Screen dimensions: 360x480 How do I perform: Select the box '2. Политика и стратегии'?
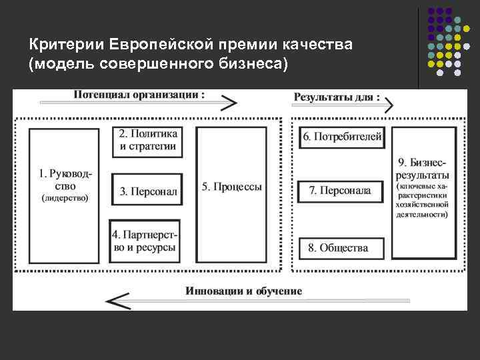click(x=147, y=141)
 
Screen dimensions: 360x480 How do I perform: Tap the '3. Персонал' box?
click(x=147, y=192)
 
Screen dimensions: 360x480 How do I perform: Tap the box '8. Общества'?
click(x=341, y=248)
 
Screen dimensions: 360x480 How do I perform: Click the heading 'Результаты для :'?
click(x=337, y=97)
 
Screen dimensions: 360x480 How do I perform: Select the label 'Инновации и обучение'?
click(x=244, y=291)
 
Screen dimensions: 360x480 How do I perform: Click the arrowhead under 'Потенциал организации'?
click(x=229, y=103)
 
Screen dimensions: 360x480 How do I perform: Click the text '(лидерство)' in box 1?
click(x=65, y=198)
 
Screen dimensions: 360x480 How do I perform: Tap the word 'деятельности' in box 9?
click(x=422, y=215)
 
